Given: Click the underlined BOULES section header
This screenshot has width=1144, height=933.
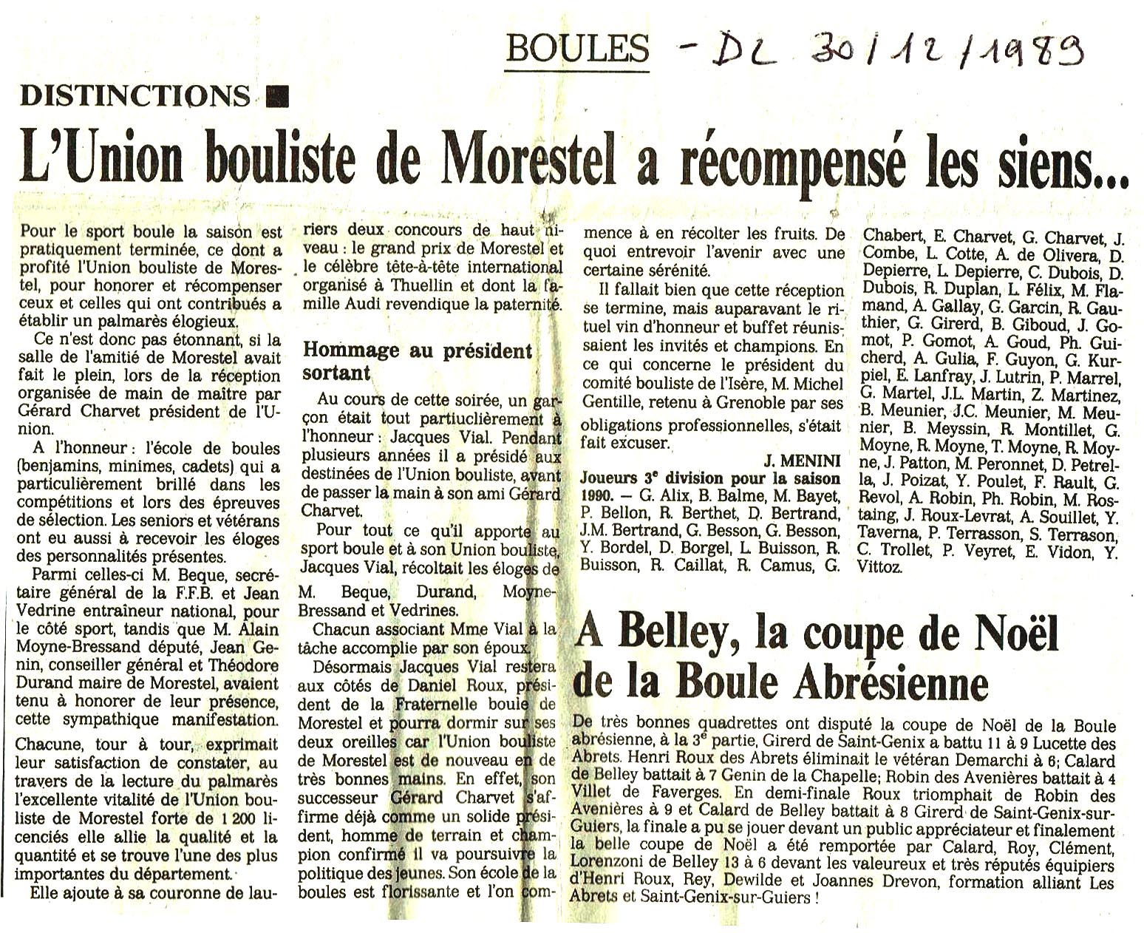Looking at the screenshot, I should pyautogui.click(x=577, y=49).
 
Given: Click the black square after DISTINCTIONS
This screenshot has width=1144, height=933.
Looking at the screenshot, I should pyautogui.click(x=277, y=95).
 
